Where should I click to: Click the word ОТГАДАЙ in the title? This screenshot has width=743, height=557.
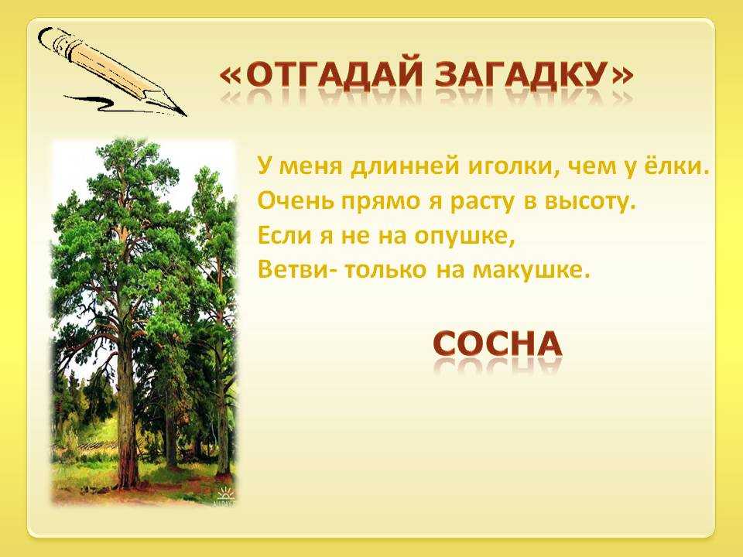(x=334, y=75)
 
